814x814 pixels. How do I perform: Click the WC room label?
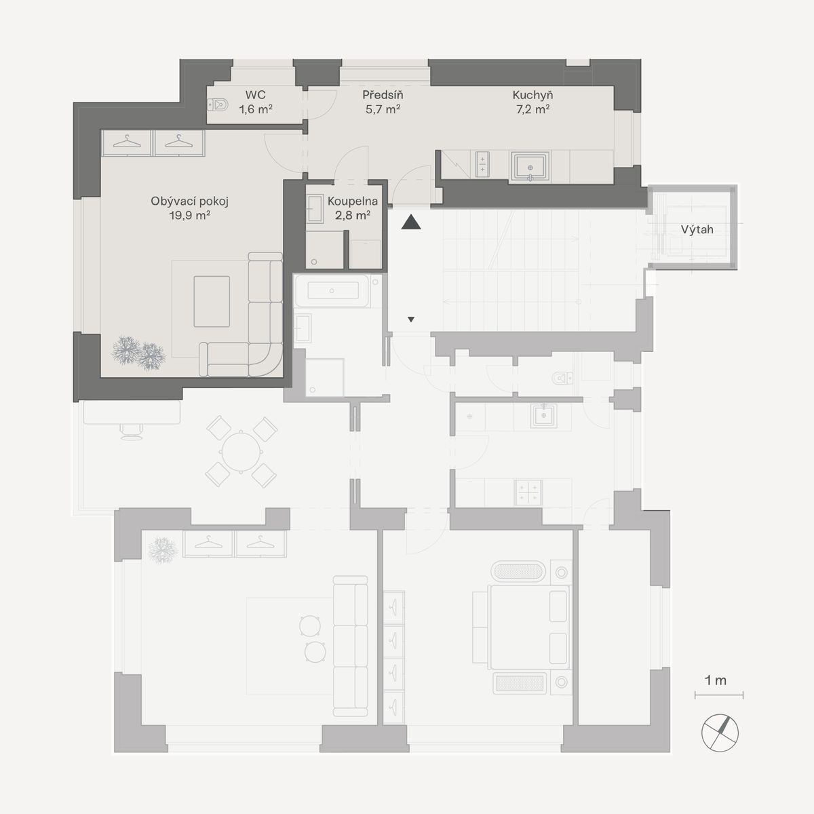tap(255, 95)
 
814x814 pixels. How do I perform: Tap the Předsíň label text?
tap(383, 95)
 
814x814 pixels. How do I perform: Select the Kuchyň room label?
tap(532, 95)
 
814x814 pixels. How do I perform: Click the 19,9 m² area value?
tap(190, 216)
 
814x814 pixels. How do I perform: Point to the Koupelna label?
tap(352, 201)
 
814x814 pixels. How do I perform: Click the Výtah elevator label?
tap(697, 229)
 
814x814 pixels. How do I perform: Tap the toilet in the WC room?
tap(218, 104)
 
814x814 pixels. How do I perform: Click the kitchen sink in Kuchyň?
tap(530, 168)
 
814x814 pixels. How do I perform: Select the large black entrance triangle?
tap(411, 222)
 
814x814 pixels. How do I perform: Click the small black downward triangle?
tap(411, 319)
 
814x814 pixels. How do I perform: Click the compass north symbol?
tap(720, 733)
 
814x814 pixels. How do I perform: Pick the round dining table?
tap(241, 452)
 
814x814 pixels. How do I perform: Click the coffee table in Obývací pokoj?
tap(212, 302)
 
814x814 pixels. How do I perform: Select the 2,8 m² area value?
tap(353, 216)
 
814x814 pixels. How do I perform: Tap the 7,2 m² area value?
tap(532, 109)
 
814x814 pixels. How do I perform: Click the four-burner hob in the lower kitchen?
tap(528, 492)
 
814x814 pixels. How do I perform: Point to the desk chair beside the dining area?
tap(132, 431)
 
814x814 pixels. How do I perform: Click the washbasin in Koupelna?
tap(315, 208)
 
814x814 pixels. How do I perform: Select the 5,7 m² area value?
tap(383, 109)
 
